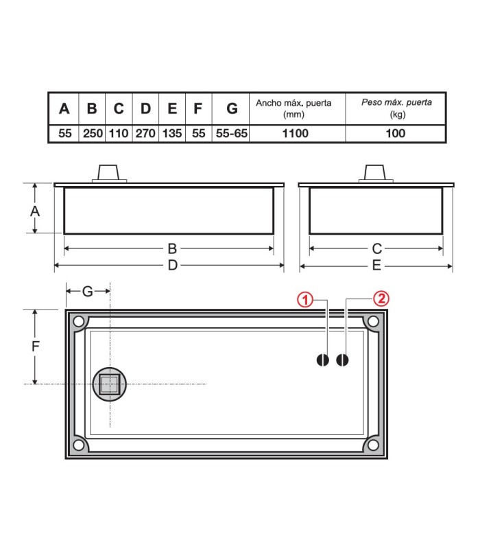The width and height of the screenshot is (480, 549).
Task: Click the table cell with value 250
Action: [93, 133]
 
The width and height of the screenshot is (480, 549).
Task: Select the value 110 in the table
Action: [119, 133]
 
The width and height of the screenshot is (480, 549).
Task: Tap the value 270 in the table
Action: [145, 133]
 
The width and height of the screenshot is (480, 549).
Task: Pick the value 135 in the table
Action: [172, 133]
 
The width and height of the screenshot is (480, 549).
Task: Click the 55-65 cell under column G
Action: [231, 133]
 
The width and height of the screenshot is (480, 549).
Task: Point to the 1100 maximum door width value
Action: [296, 133]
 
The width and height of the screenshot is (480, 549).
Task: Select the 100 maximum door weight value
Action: [396, 133]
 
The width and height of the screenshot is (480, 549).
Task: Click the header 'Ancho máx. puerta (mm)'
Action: [293, 108]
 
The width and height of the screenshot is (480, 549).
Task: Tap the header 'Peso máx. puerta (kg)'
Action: [397, 108]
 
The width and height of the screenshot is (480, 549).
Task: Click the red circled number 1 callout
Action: [304, 300]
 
